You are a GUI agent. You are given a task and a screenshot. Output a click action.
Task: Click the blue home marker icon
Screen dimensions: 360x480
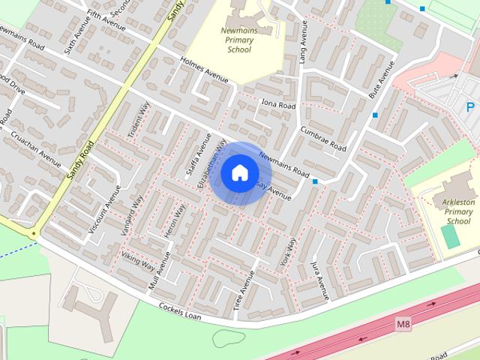pyautogui.click(x=239, y=173)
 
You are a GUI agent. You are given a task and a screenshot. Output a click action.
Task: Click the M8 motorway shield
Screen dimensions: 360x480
pyautogui.click(x=403, y=324)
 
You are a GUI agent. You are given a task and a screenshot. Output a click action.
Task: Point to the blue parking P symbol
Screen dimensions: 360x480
pyautogui.click(x=470, y=107)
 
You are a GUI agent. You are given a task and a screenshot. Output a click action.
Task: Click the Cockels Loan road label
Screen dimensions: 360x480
pyautogui.click(x=181, y=311)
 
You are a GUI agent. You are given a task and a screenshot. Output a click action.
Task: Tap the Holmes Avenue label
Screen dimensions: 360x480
pyautogui.click(x=203, y=70)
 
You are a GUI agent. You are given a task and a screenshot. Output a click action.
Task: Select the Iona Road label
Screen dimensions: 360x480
pyautogui.click(x=278, y=104)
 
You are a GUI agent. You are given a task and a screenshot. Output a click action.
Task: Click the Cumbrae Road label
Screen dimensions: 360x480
pyautogui.click(x=322, y=137)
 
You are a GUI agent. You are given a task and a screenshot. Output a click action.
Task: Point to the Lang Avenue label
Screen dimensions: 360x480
pyautogui.click(x=304, y=41)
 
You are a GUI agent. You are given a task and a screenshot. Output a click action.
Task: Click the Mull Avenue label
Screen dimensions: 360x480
pyautogui.click(x=160, y=271)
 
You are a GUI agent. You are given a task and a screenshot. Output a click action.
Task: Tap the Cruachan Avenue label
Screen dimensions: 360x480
pyautogui.click(x=36, y=149)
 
